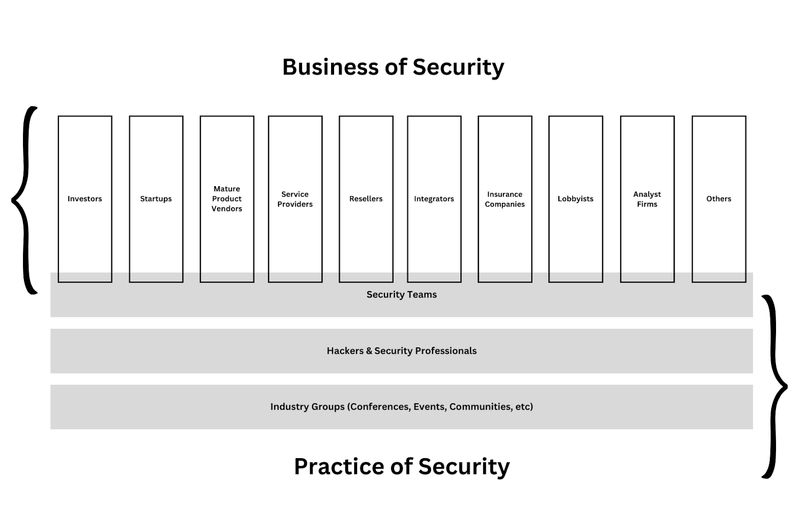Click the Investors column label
(x=85, y=199)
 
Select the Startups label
(x=156, y=199)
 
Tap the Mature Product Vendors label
(x=227, y=199)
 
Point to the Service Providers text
(x=295, y=199)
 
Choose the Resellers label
(x=366, y=199)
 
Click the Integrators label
(x=434, y=199)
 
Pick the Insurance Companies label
(x=505, y=199)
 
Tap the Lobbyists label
(x=575, y=199)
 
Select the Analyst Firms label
(x=647, y=199)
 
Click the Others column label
(x=719, y=199)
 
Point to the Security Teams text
(x=401, y=294)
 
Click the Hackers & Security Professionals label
(x=401, y=351)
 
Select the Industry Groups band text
(x=401, y=407)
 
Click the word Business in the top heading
(x=330, y=67)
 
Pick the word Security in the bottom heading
(x=464, y=467)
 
